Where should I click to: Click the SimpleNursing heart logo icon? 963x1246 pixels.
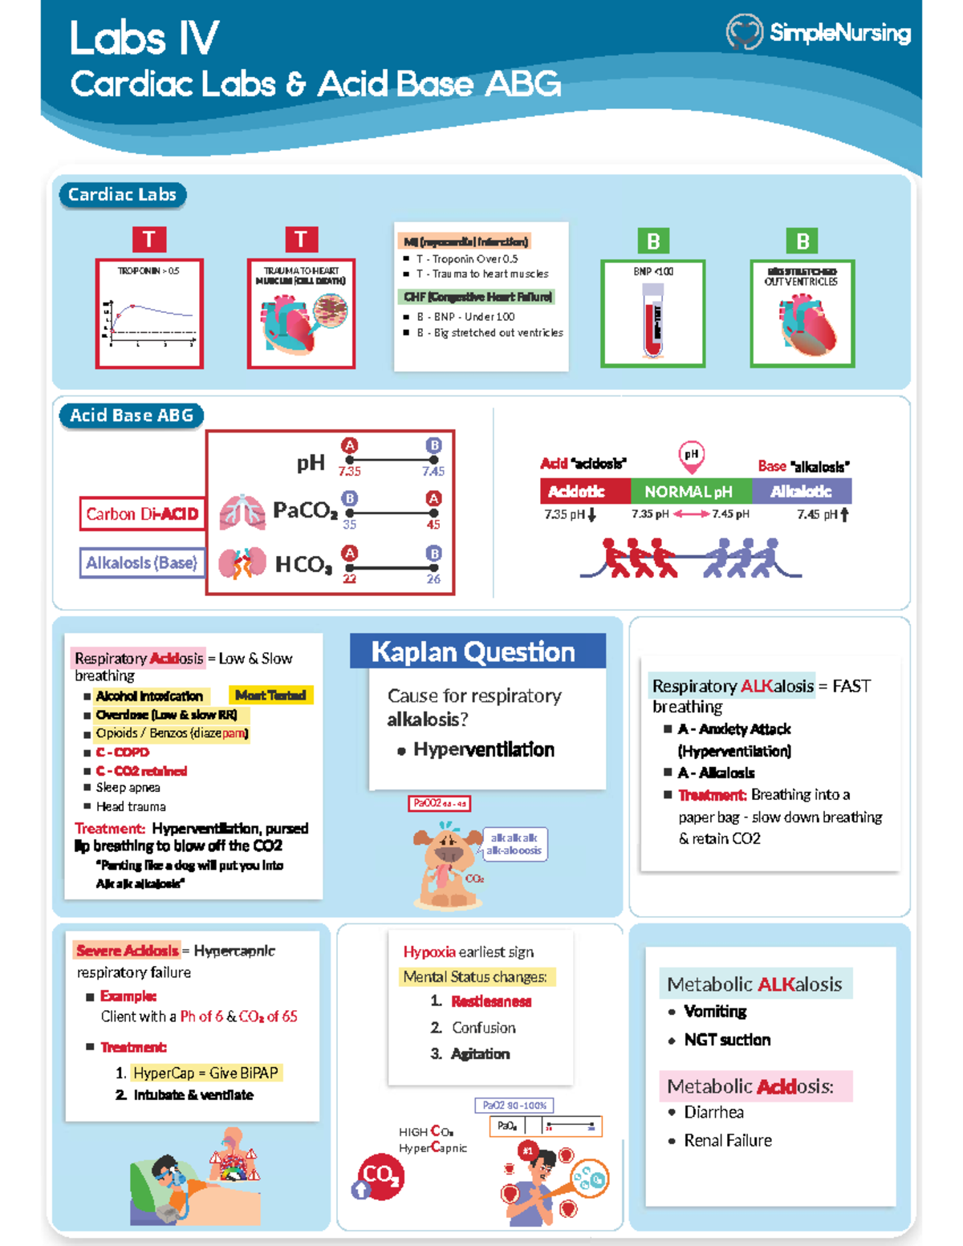744,32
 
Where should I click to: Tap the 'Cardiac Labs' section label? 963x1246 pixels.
122,195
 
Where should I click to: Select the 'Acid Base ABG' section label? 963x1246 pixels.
131,416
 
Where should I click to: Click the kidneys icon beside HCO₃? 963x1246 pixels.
242,563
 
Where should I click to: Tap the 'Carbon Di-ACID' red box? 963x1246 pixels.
142,514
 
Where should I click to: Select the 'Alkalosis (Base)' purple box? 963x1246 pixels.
141,563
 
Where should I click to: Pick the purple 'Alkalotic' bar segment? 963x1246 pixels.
801,491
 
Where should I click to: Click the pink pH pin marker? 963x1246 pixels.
691,456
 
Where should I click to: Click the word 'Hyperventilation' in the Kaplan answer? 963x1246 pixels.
484,749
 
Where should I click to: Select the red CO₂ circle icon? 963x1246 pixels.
380,1176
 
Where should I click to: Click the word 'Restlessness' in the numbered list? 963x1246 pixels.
491,1001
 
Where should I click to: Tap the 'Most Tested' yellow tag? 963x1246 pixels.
270,696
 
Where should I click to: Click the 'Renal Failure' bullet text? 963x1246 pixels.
728,1140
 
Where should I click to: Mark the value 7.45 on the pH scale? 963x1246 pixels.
433,471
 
